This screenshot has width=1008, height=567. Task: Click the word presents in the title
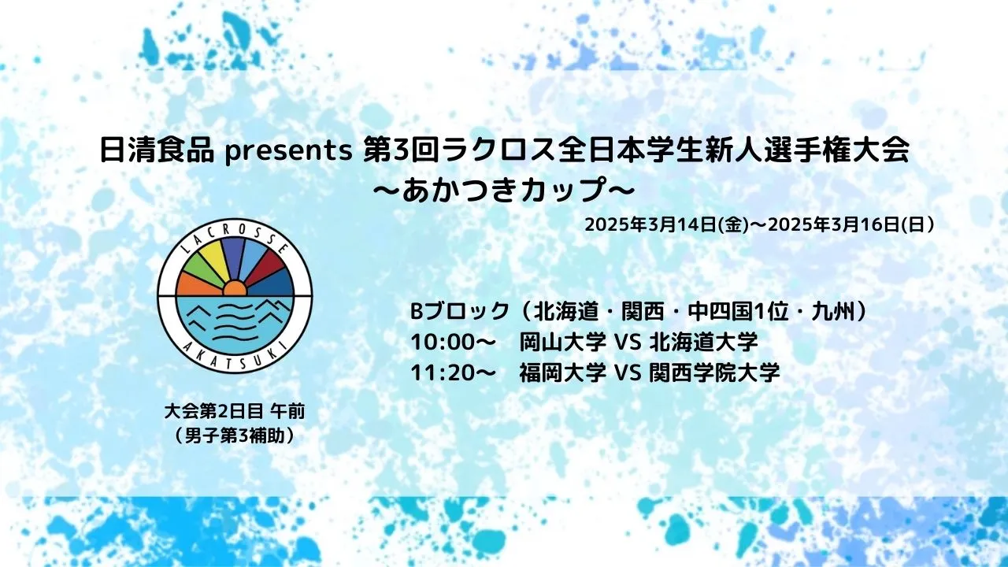pyautogui.click(x=288, y=152)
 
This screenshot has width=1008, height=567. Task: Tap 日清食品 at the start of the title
pyautogui.click(x=156, y=150)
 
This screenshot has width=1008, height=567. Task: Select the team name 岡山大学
pyautogui.click(x=562, y=343)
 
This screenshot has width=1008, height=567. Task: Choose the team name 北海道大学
pyautogui.click(x=704, y=343)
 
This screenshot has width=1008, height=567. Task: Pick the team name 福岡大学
pyautogui.click(x=562, y=373)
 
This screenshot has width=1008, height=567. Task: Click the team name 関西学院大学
pyautogui.click(x=714, y=373)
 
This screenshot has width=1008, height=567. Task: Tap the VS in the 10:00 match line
pyautogui.click(x=628, y=343)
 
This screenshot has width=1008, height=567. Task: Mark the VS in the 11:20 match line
pyautogui.click(x=628, y=373)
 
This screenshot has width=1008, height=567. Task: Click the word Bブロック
pyautogui.click(x=459, y=311)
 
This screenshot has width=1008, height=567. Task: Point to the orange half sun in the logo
pyautogui.click(x=235, y=288)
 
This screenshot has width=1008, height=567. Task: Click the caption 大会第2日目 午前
pyautogui.click(x=235, y=412)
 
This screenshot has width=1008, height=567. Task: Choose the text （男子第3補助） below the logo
pyautogui.click(x=235, y=435)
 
